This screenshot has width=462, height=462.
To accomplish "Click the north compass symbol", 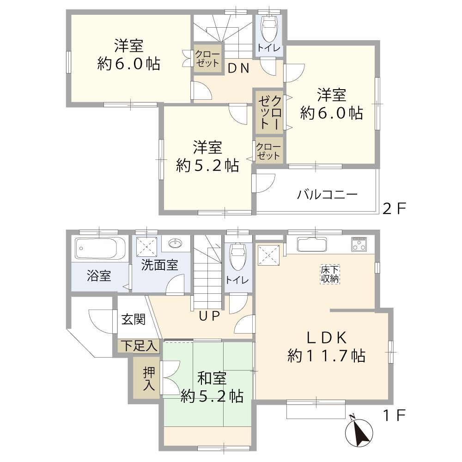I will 359,432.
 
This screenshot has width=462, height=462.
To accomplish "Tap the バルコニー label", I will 327,195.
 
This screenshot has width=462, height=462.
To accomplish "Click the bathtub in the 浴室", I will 100,250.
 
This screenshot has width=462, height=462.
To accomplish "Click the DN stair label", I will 239,68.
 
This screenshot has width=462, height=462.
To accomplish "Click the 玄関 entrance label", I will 134,320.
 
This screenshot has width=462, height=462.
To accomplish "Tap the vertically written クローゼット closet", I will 270,112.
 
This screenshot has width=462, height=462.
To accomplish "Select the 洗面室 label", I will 159,266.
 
